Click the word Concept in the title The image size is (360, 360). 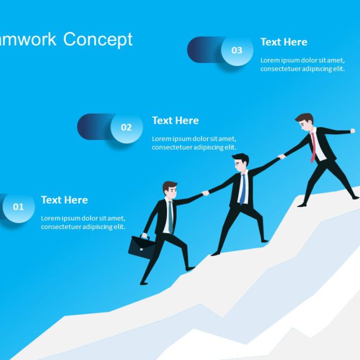click(98, 39)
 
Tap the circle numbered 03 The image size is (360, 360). click(237, 51)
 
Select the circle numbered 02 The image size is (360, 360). click(127, 128)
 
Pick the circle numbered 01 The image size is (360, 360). click(19, 207)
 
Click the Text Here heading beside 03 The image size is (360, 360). click(283, 42)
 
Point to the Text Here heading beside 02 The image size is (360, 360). click(175, 120)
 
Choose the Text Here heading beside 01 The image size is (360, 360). click(64, 200)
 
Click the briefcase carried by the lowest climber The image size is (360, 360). click(142, 247)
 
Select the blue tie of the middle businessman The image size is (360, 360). click(242, 188)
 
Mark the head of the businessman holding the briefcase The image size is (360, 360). click(169, 191)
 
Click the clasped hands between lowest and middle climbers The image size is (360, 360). click(205, 193)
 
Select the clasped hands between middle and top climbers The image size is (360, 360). click(282, 156)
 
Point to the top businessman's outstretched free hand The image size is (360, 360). click(353, 131)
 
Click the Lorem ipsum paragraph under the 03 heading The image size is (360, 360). click(302, 65)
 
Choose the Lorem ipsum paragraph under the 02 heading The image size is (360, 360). click(194, 143)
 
